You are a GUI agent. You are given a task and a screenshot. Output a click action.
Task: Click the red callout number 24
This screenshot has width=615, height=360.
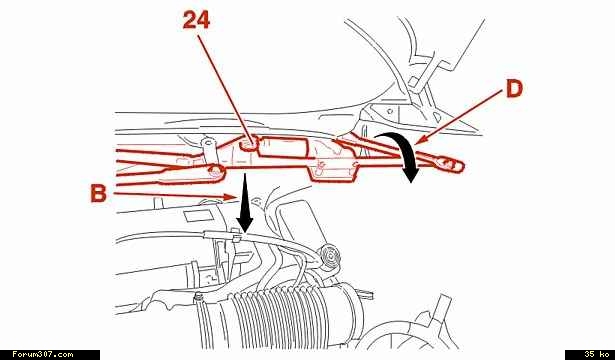pyautogui.click(x=196, y=20)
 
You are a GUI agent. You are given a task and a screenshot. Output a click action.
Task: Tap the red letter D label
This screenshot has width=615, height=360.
pyautogui.click(x=514, y=89)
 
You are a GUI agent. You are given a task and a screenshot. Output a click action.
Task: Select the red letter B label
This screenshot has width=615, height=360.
pyautogui.click(x=98, y=193)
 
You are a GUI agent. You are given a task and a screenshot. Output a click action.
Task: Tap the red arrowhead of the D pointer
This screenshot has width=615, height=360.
pyautogui.click(x=418, y=140)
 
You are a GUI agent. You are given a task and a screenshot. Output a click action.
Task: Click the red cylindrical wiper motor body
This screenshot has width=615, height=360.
pyautogui.click(x=284, y=147)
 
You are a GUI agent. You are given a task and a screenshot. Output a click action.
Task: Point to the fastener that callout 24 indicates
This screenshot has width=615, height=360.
pyautogui.click(x=249, y=144)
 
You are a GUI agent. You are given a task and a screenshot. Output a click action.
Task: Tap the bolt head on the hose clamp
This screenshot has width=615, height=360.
pyautogui.click(x=199, y=298)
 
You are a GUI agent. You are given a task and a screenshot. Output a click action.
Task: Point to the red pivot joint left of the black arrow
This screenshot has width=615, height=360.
pyautogui.click(x=215, y=171)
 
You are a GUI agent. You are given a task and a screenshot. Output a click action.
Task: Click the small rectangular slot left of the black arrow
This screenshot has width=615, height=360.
pyautogui.click(x=195, y=216)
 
